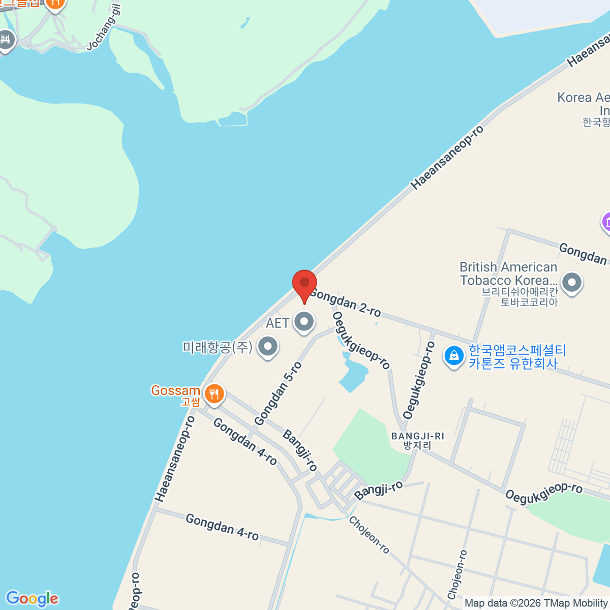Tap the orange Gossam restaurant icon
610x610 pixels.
(x=214, y=394)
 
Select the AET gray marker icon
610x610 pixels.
(x=304, y=322)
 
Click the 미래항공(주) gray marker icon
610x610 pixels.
(x=267, y=347)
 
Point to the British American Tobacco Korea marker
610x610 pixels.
(x=572, y=282)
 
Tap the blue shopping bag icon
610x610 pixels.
(x=453, y=356)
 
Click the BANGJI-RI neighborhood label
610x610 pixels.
(x=417, y=440)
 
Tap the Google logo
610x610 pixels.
(x=32, y=598)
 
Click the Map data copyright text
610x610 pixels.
(x=536, y=603)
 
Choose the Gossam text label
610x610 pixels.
(x=175, y=391)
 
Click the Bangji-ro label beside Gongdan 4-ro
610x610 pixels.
(x=300, y=450)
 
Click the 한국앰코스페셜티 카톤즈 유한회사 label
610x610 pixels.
(x=517, y=357)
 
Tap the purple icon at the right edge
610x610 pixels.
(x=606, y=222)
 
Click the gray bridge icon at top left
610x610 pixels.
(x=6, y=39)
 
